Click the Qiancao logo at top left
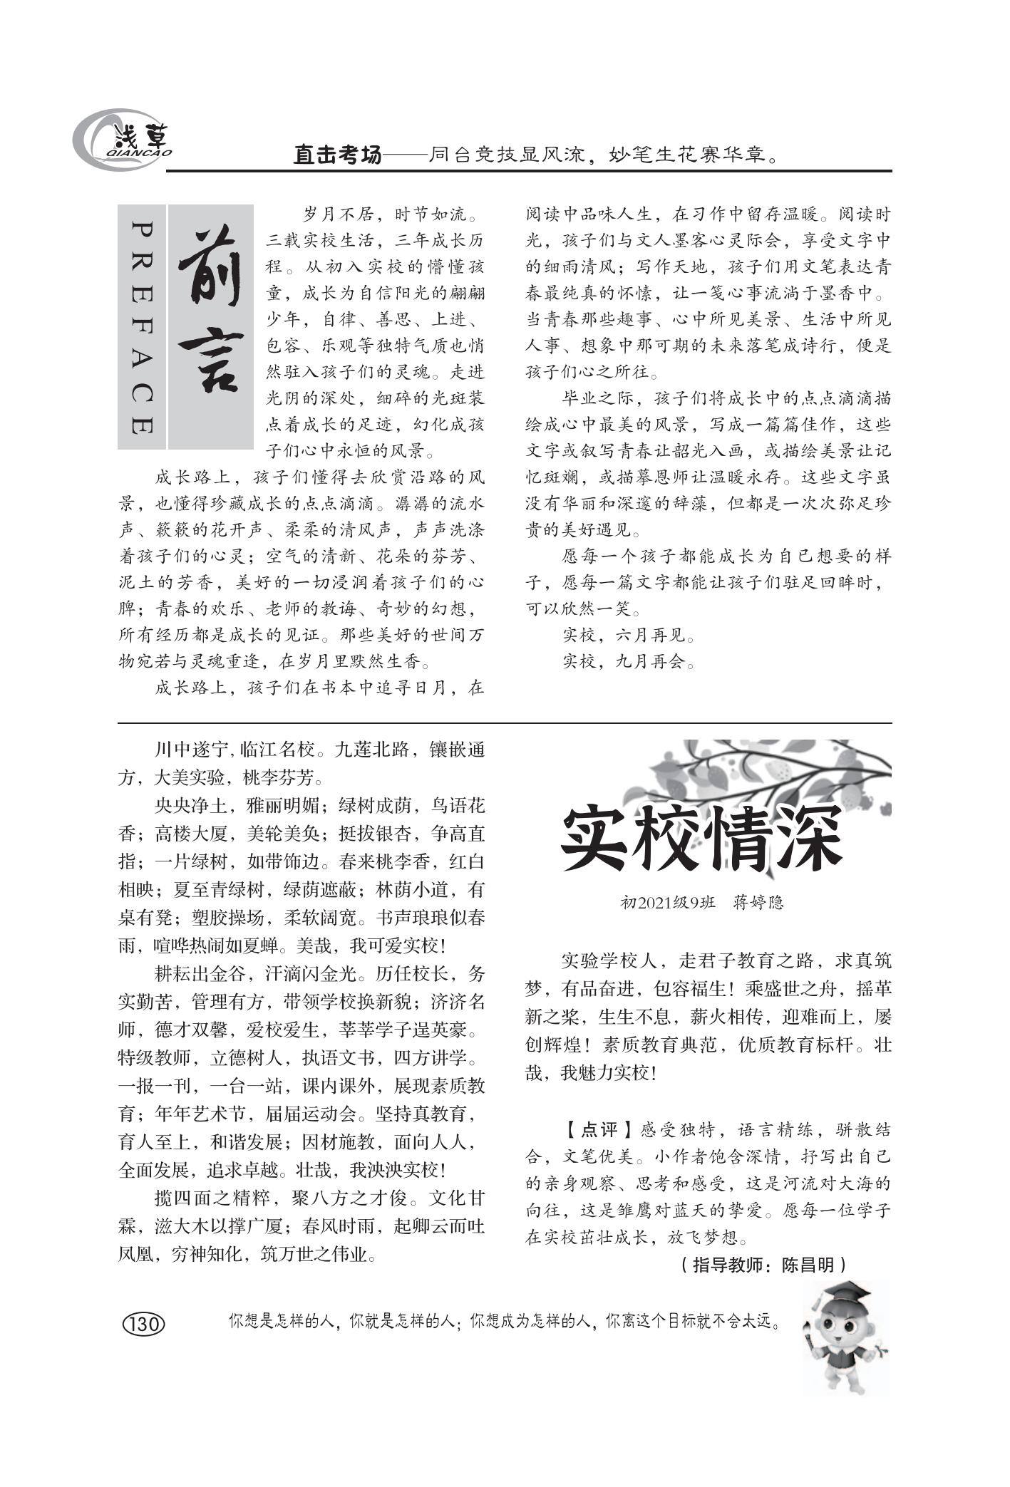(121, 140)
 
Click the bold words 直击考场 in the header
(337, 155)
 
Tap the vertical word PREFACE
(142, 327)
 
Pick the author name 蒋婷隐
(758, 903)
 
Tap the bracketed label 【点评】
(597, 1130)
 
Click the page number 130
(145, 1324)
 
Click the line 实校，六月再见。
(628, 635)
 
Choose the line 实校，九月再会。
(628, 662)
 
